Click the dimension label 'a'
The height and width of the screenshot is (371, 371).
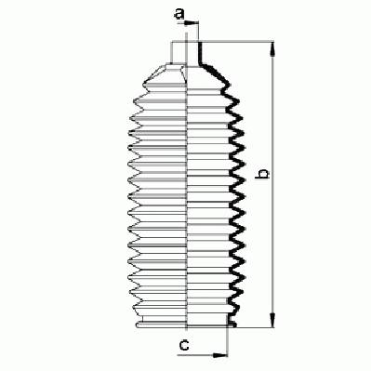pos(179,14)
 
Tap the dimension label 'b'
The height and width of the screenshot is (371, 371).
pos(262,174)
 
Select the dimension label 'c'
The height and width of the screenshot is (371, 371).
pos(184,344)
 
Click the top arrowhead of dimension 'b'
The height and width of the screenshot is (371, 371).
pos(272,49)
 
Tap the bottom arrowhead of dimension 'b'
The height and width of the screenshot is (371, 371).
pos(272,320)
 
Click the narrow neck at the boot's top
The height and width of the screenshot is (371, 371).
pos(185,53)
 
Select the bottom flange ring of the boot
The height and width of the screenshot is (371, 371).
pos(185,325)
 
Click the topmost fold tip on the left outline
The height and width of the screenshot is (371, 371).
pos(144,84)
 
